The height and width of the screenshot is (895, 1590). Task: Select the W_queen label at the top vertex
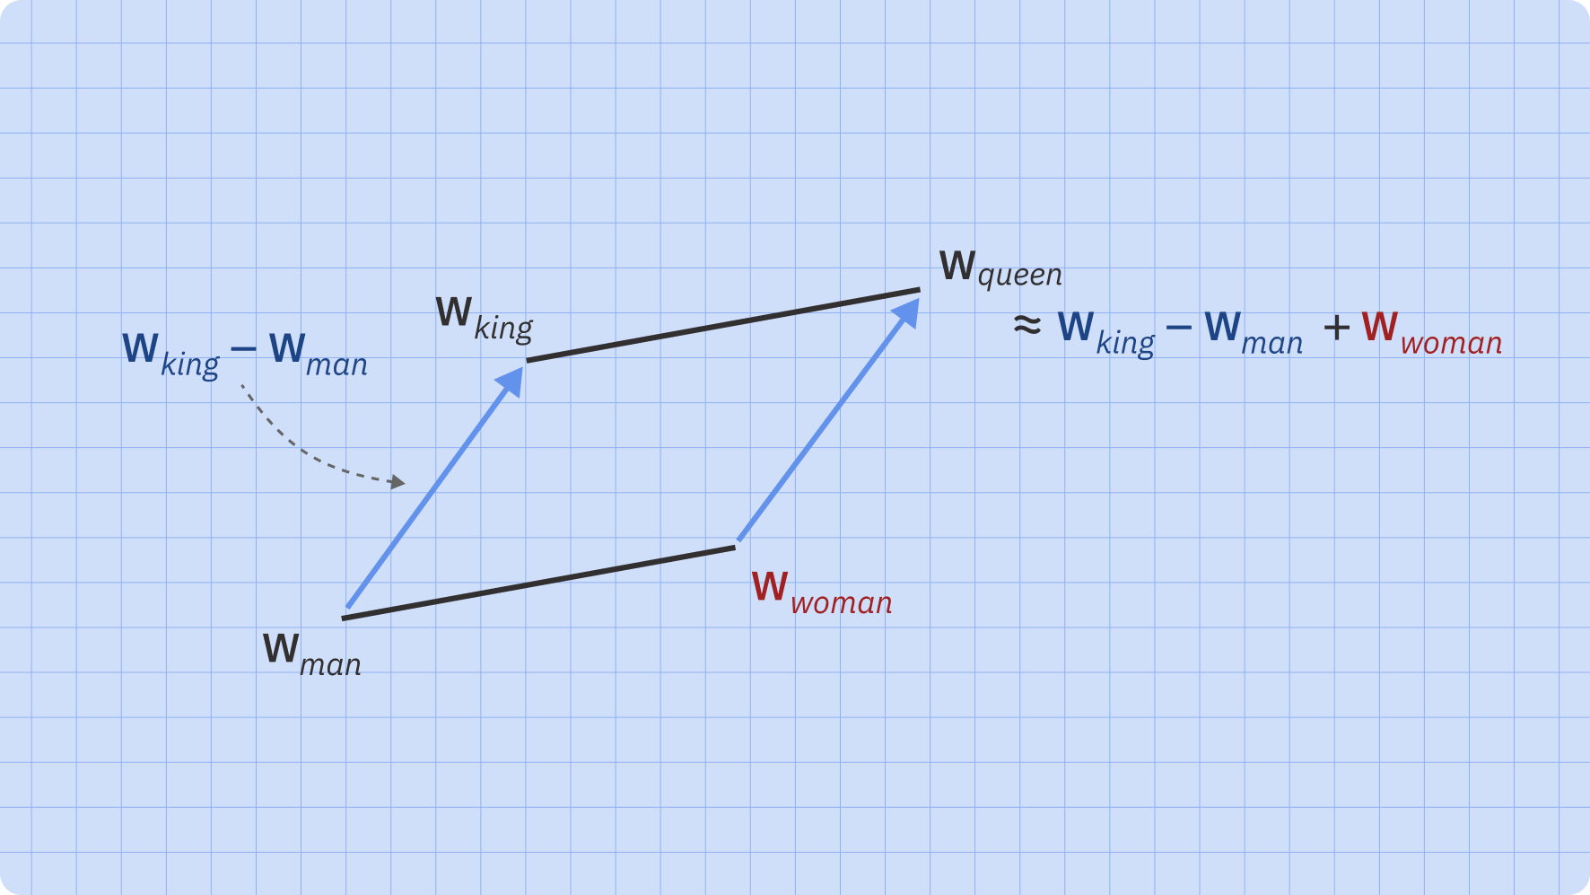(x=1000, y=268)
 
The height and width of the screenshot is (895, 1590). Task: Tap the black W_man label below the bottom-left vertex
(x=311, y=654)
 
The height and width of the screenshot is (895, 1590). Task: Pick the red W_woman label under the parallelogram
(x=821, y=592)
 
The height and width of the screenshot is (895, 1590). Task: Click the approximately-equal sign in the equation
(x=1027, y=325)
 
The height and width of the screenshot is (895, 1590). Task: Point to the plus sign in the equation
(x=1336, y=328)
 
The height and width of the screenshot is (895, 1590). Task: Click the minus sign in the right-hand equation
(x=1178, y=327)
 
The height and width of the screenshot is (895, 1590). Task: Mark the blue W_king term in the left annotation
(x=170, y=354)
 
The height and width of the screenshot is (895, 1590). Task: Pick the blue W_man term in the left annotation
(x=318, y=354)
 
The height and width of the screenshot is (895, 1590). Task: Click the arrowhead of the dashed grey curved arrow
(x=397, y=483)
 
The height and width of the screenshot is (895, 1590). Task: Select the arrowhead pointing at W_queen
(x=908, y=311)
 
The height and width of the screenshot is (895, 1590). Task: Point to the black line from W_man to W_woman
(x=538, y=583)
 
